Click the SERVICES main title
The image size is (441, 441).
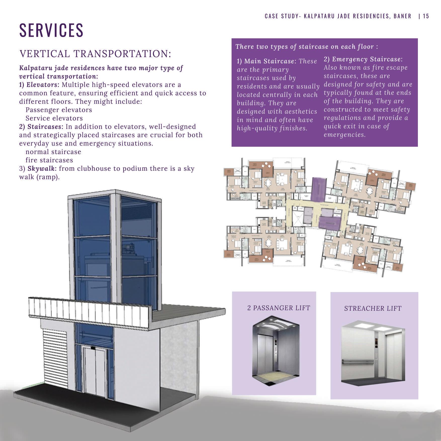click(51, 30)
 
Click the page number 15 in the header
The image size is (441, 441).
click(426, 16)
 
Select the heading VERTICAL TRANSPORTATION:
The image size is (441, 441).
click(95, 54)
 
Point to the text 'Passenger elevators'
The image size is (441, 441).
click(59, 110)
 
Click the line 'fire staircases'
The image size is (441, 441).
click(49, 160)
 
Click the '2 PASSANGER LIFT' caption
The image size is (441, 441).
click(279, 308)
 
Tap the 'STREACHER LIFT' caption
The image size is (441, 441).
click(373, 308)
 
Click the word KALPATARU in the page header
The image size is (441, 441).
click(317, 16)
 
